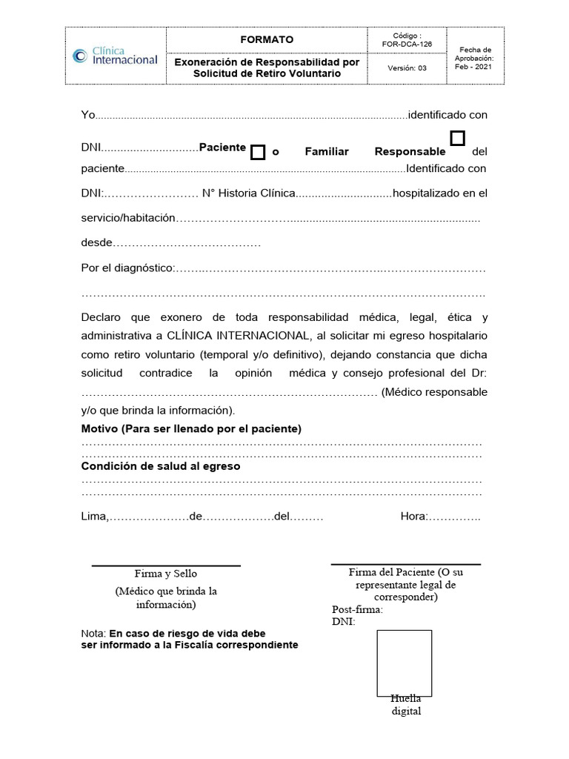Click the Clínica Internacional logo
point(115,56)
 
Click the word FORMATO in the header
point(267,39)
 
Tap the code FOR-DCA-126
point(407,44)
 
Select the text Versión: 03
point(407,69)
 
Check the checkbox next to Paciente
point(257,153)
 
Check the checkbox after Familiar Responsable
point(458,139)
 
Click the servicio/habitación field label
point(128,218)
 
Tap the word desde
point(96,242)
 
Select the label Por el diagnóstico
point(127,268)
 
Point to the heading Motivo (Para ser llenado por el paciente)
point(191,429)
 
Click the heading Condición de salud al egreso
point(161,467)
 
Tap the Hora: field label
point(413,516)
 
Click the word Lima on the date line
point(94,516)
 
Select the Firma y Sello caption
point(166,574)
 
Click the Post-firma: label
point(357,609)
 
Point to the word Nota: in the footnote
point(93,634)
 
